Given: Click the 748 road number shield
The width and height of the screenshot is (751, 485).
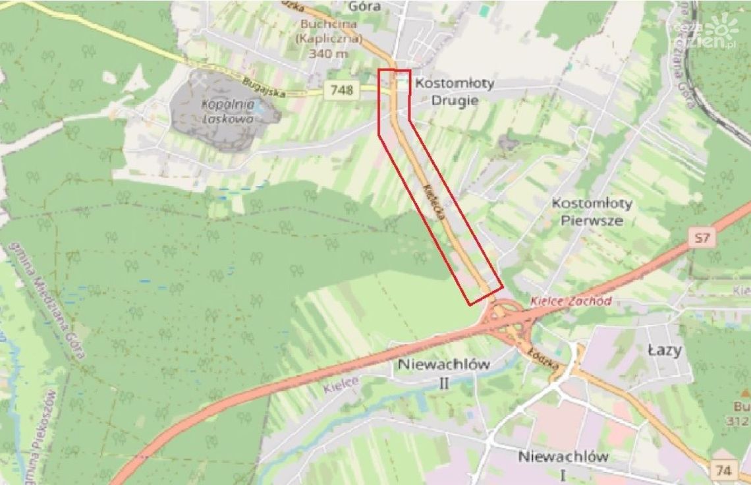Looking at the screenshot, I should click(x=343, y=90).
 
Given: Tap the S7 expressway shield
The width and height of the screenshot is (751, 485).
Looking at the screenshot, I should click(x=702, y=238).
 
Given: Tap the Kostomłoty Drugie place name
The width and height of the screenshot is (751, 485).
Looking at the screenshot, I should click(x=454, y=92).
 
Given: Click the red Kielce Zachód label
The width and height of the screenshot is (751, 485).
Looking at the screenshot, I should click(x=570, y=301).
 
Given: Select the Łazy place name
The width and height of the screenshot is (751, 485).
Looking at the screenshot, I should click(x=663, y=351).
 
